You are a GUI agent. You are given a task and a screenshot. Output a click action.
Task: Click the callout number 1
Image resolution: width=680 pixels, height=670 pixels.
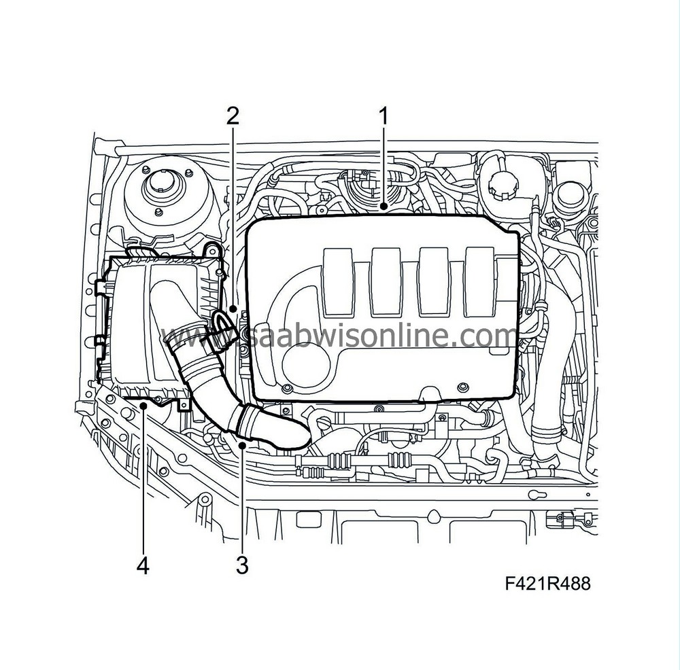click(383, 116)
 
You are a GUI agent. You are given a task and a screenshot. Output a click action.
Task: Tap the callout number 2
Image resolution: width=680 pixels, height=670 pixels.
click(233, 116)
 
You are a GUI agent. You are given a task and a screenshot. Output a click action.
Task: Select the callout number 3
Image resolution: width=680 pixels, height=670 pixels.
click(241, 563)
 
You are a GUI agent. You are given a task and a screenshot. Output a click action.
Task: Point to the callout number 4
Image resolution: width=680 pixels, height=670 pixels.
click(143, 565)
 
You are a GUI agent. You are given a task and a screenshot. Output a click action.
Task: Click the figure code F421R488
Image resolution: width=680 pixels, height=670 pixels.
click(547, 584)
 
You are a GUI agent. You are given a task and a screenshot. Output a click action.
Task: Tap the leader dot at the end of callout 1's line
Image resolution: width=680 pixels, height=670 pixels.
click(384, 207)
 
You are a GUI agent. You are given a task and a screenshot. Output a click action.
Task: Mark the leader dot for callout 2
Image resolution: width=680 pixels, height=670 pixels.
click(234, 309)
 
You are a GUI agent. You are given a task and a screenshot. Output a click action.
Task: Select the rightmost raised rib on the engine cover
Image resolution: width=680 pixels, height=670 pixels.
click(480, 283)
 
